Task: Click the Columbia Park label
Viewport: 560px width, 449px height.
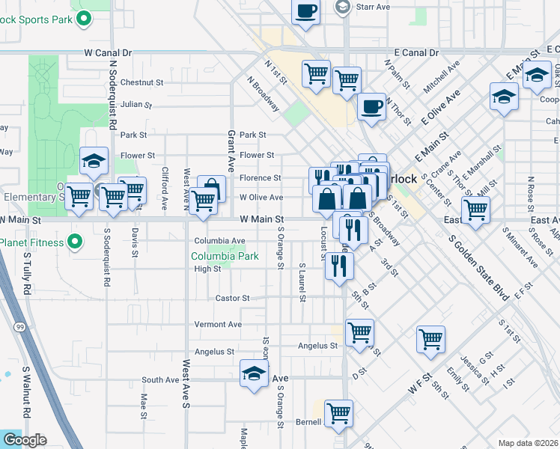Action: (225, 256)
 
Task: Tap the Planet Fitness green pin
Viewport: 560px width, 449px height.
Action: (74, 242)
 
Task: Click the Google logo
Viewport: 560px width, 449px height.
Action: (24, 440)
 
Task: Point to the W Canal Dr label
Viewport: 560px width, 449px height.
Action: (108, 53)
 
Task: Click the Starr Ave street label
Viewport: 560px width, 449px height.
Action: (373, 7)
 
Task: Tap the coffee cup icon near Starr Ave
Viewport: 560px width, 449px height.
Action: (305, 12)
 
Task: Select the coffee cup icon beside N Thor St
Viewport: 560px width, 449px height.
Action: (371, 106)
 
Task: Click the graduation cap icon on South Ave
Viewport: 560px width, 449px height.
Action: (254, 373)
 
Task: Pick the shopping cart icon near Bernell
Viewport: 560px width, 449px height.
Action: (338, 412)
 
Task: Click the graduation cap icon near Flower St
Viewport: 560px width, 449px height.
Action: (94, 160)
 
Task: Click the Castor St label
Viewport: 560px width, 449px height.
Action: (232, 298)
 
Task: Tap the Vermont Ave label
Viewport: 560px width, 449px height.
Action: (218, 325)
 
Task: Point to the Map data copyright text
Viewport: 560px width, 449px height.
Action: (528, 443)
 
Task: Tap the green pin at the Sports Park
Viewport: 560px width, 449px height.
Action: (84, 17)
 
